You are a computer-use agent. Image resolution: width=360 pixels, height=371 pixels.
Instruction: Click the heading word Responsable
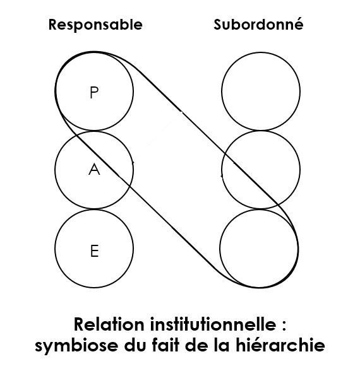tap(95, 25)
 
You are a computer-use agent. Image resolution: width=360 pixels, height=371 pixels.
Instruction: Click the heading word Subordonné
tap(258, 24)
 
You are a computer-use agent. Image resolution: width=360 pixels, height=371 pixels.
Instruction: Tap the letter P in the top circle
tap(94, 92)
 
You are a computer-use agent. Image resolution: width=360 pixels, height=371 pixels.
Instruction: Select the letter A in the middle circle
tap(94, 169)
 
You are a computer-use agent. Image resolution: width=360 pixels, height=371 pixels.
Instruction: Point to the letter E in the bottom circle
tap(95, 251)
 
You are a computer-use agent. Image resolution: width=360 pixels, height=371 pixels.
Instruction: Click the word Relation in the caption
tap(109, 324)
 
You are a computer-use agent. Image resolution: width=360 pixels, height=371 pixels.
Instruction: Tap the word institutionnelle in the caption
tap(213, 324)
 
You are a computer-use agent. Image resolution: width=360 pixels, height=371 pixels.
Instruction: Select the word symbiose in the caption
tap(76, 346)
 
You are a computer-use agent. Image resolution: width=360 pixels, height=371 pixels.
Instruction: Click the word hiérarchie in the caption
tap(280, 345)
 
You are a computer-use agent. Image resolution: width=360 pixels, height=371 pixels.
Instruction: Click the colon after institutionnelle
tap(284, 326)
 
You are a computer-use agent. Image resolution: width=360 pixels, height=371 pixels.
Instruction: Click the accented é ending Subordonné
tap(298, 24)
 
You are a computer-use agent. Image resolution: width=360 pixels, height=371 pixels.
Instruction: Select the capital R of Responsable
tap(54, 25)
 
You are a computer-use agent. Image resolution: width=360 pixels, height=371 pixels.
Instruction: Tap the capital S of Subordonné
tap(219, 25)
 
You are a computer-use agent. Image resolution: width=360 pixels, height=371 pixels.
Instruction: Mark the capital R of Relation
tap(80, 324)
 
